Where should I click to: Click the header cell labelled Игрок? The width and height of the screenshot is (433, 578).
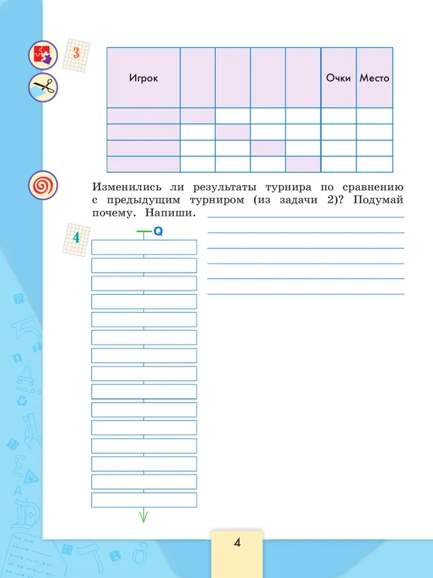pos(143,78)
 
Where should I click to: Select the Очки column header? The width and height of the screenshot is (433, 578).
pos(338,78)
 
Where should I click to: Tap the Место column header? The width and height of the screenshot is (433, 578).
pos(374,78)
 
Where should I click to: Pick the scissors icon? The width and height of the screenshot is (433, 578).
pos(43,86)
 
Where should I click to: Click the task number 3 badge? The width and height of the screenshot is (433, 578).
pos(76,55)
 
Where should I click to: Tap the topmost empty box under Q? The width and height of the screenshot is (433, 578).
pos(144,247)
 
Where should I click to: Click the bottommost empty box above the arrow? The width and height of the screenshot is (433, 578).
pos(144,500)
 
